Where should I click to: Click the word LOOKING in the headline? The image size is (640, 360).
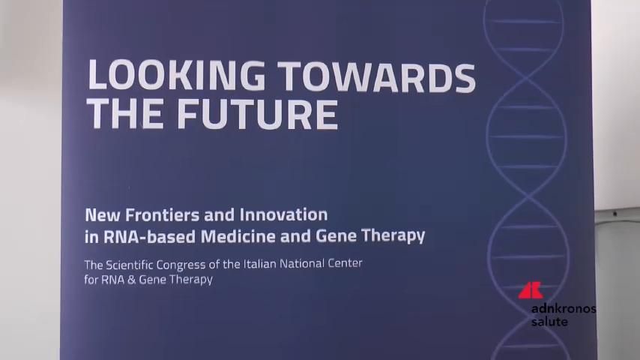[x=176, y=75]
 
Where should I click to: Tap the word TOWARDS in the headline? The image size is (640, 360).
[x=378, y=76]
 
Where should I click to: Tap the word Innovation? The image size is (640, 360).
[x=283, y=215]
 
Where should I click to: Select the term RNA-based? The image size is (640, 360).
[x=149, y=236]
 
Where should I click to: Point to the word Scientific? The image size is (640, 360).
[x=130, y=265]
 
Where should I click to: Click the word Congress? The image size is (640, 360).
[x=181, y=265]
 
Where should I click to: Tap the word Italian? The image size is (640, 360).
[x=261, y=264]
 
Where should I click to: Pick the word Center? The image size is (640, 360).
[x=345, y=263]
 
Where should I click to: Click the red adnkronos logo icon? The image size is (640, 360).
[x=530, y=290]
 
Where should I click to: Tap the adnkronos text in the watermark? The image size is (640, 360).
[x=564, y=308]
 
